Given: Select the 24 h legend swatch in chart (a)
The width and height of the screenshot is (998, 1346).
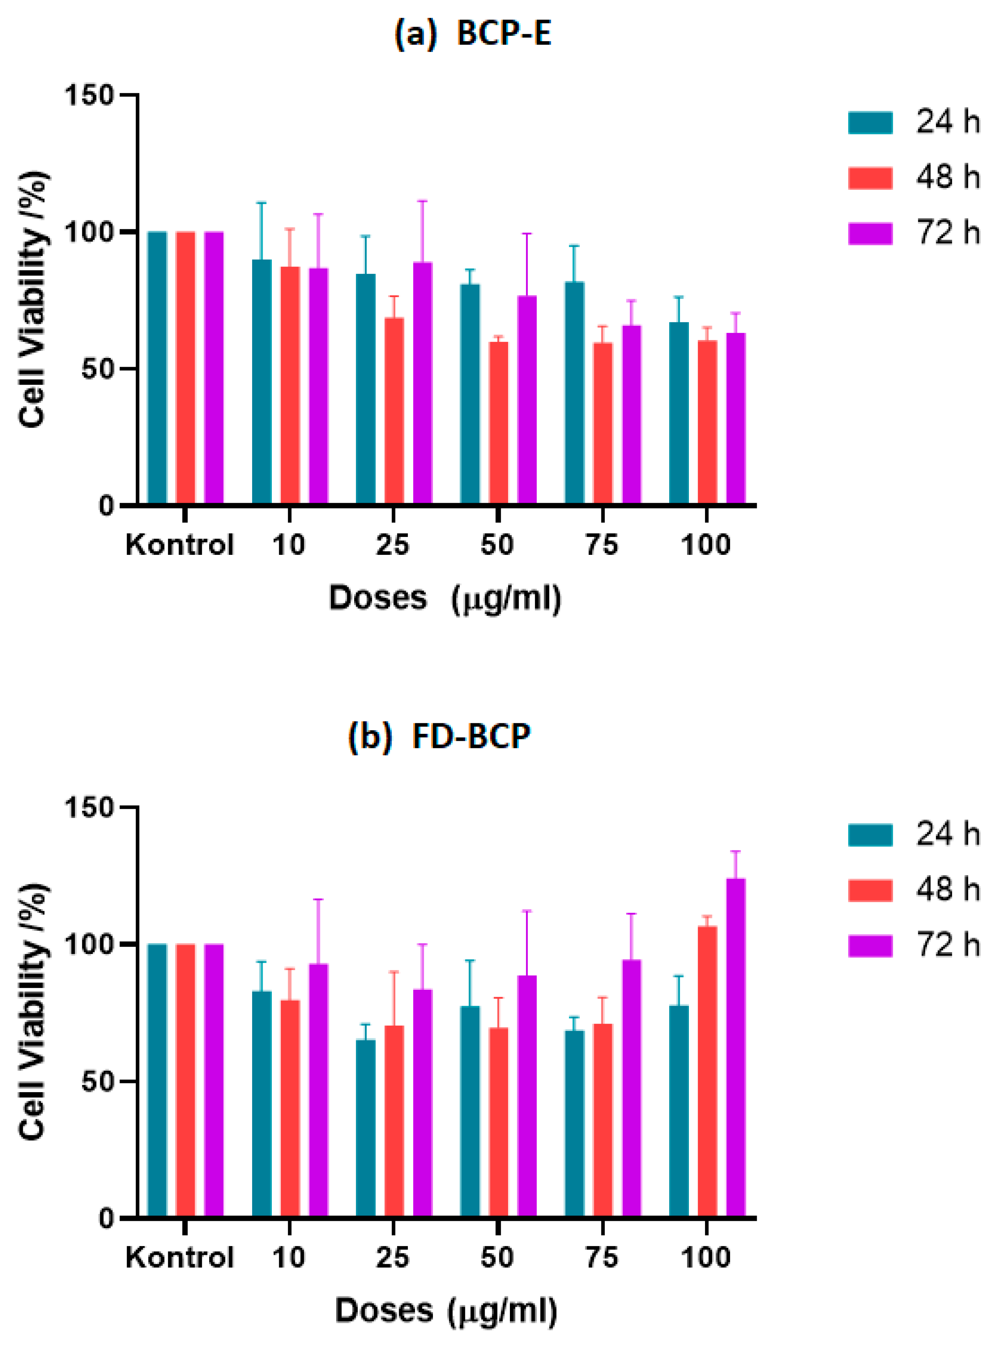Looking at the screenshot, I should point(870,123).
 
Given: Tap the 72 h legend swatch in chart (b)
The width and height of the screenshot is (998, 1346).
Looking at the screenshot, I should point(870,946).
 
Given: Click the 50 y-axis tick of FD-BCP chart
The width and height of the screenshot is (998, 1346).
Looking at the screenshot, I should point(97,1081).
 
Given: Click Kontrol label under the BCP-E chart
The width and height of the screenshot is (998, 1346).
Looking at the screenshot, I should point(179,545).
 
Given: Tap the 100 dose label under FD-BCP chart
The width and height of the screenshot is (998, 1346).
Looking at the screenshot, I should point(706,1258).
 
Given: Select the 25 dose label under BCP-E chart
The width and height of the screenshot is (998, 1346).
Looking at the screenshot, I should point(393,545).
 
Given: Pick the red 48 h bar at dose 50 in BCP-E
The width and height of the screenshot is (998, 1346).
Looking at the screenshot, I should point(498,423).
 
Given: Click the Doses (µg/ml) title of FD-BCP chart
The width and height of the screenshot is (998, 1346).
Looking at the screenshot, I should point(446,1311).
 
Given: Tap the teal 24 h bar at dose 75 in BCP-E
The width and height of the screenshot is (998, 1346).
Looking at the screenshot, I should point(575,393).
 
